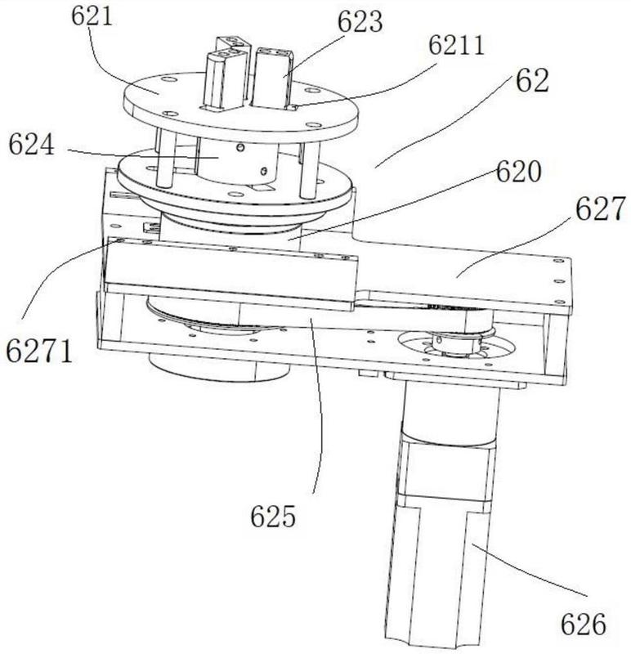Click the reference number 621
pyautogui.click(x=92, y=16)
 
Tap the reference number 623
pyautogui.click(x=360, y=22)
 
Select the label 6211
pyautogui.click(x=456, y=45)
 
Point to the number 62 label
pyautogui.click(x=532, y=80)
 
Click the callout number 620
pyautogui.click(x=518, y=172)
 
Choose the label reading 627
pyautogui.click(x=600, y=208)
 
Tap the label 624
pyautogui.click(x=31, y=145)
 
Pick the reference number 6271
pyautogui.click(x=39, y=350)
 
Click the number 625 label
pyautogui.click(x=273, y=517)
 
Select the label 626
pyautogui.click(x=583, y=625)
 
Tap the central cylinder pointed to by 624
pyautogui.click(x=237, y=163)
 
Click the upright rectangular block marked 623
pyautogui.click(x=271, y=78)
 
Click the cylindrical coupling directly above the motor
pyautogui.click(x=450, y=413)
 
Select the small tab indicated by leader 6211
pyautogui.click(x=292, y=108)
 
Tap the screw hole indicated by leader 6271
pyautogui.click(x=120, y=240)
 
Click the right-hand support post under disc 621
pyautogui.click(x=310, y=170)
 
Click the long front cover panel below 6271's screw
pyautogui.click(x=232, y=275)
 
